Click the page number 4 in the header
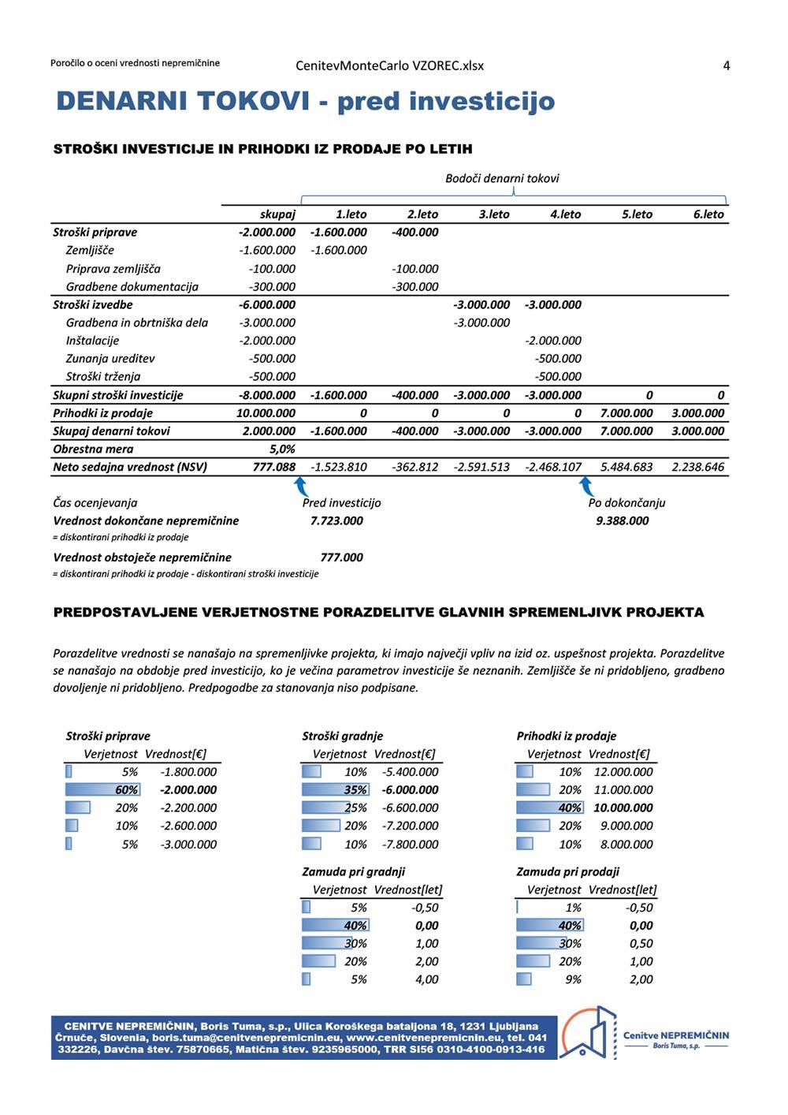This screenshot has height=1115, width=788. pyautogui.click(x=726, y=65)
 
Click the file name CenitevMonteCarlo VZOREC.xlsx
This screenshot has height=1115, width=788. pyautogui.click(x=390, y=65)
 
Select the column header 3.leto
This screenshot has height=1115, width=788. pyautogui.click(x=494, y=214)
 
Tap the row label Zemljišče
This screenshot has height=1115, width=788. pyautogui.click(x=90, y=250)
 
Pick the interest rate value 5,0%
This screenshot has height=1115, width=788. pyautogui.click(x=282, y=449)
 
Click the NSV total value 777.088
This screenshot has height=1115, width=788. pyautogui.click(x=274, y=467)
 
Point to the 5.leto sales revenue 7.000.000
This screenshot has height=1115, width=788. pyautogui.click(x=626, y=413)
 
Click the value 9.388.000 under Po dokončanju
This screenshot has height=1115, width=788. pyautogui.click(x=623, y=520)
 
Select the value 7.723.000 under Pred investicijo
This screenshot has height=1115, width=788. pyautogui.click(x=336, y=520)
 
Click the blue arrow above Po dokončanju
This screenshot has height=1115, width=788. pyautogui.click(x=585, y=485)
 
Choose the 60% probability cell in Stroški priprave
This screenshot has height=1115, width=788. pyautogui.click(x=126, y=789)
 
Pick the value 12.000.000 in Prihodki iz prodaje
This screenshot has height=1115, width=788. pyautogui.click(x=623, y=772)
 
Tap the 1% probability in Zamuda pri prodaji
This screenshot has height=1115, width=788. pyautogui.click(x=573, y=908)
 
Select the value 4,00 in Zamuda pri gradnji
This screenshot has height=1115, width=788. pyautogui.click(x=426, y=979)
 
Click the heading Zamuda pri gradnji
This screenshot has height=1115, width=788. pyautogui.click(x=353, y=871)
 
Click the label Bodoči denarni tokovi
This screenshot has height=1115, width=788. pyautogui.click(x=502, y=178)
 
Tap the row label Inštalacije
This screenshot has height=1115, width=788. pyautogui.click(x=92, y=341)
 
